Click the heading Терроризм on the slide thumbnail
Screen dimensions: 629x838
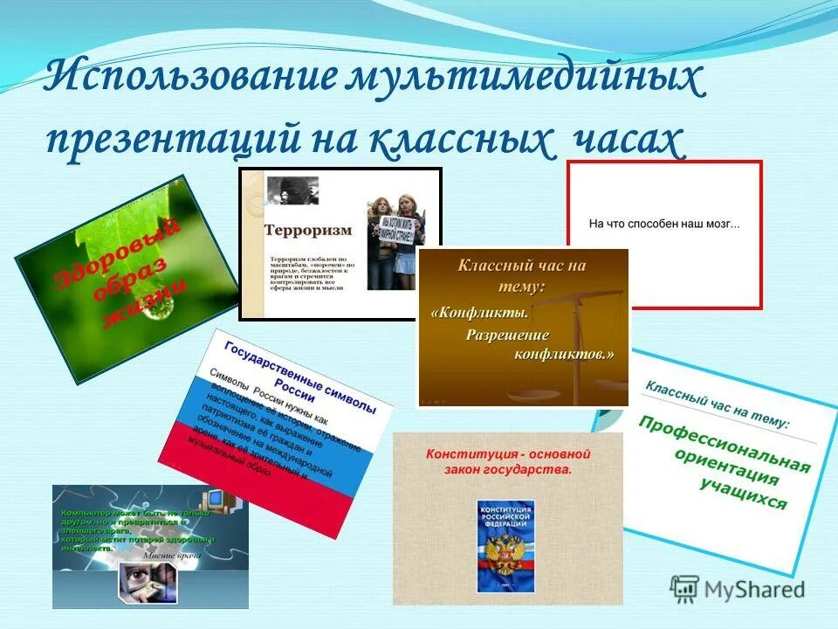309,231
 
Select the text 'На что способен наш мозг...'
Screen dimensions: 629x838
664,225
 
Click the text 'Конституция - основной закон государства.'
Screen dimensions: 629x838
508,462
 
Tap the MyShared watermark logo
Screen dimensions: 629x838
738,589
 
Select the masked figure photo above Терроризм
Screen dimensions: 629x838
292,192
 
